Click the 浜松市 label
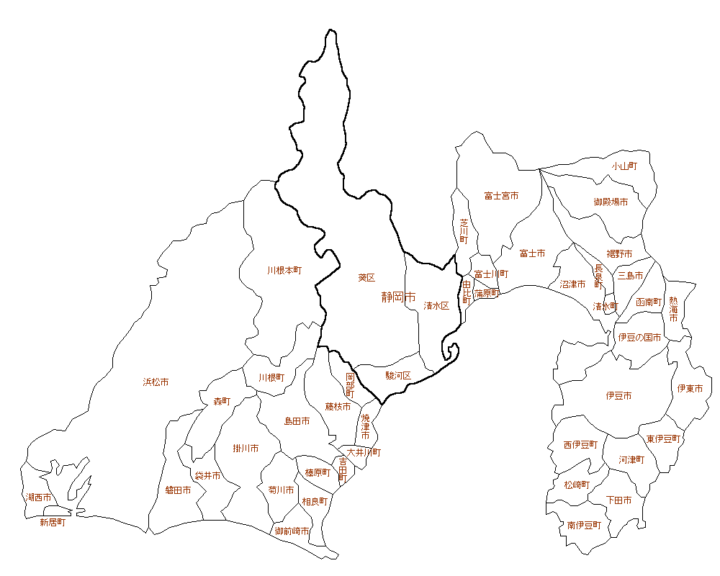156,382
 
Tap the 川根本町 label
284,271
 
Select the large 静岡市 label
399,297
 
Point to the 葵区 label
366,277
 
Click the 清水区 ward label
436,305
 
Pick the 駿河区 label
397,375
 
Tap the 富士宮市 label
501,196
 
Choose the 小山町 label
624,166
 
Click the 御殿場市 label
611,202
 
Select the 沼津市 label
572,284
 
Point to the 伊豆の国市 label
639,337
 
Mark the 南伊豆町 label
583,526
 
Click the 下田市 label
618,500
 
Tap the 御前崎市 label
292,531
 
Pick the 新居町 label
53,523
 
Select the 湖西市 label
38,498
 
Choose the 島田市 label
297,420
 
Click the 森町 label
222,401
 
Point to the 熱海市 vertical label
673,309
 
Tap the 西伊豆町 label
580,445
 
